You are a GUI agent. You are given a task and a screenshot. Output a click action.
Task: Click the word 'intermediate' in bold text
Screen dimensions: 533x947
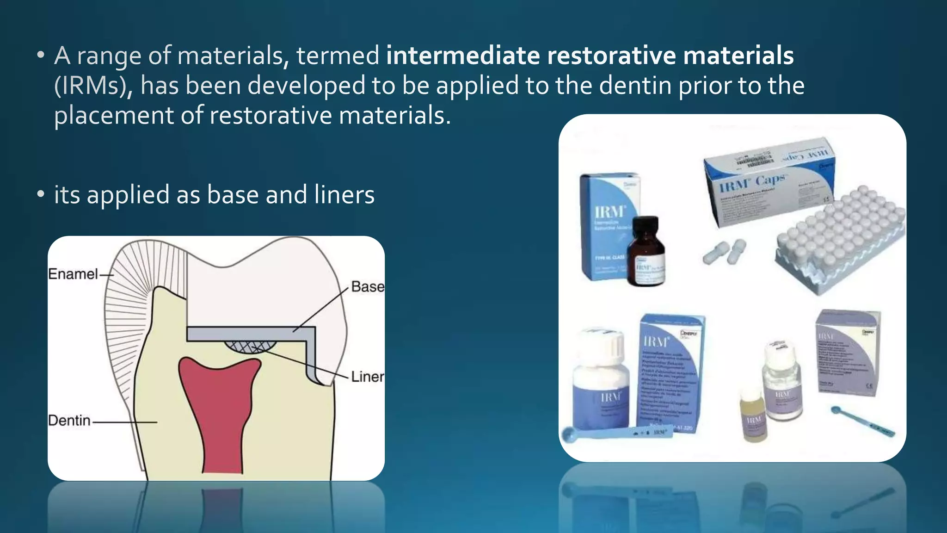click(463, 56)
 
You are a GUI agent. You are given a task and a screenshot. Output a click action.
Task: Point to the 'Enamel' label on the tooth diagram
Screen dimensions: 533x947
click(73, 274)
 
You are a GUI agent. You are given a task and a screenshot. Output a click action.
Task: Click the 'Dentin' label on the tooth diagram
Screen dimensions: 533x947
click(69, 421)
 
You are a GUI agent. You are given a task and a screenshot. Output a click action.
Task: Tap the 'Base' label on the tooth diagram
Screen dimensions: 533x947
click(367, 287)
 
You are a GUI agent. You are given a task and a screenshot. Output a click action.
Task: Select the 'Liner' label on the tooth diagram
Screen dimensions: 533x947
click(367, 377)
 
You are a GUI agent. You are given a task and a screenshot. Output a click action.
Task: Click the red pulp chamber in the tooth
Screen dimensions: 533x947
click(217, 407)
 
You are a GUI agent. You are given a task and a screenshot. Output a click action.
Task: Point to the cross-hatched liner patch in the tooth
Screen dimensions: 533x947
click(250, 347)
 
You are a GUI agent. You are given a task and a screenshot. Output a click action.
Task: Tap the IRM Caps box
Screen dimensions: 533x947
click(768, 180)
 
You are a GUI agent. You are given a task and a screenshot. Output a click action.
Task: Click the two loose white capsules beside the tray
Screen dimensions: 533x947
click(725, 252)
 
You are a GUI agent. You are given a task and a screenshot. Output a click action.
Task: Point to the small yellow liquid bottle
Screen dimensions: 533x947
click(754, 416)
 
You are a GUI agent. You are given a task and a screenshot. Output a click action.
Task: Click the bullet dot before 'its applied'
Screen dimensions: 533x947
click(41, 194)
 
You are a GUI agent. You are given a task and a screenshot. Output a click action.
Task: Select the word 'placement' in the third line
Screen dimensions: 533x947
click(113, 116)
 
